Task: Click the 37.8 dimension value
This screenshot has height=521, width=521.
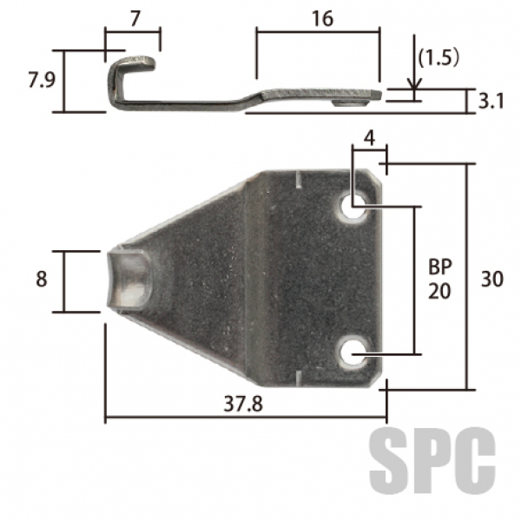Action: (243, 404)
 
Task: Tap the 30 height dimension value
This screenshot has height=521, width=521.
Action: (492, 279)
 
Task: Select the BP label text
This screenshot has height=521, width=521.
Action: (440, 267)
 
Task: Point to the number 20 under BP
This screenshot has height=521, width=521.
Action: (439, 292)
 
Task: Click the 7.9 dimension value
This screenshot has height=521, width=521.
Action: (41, 80)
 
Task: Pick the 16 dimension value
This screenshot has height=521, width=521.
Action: (323, 18)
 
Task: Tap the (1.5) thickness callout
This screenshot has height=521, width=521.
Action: (439, 58)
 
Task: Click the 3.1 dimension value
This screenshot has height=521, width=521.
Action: (491, 102)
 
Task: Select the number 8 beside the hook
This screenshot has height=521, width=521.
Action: (41, 279)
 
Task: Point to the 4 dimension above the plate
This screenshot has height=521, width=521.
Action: (370, 138)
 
